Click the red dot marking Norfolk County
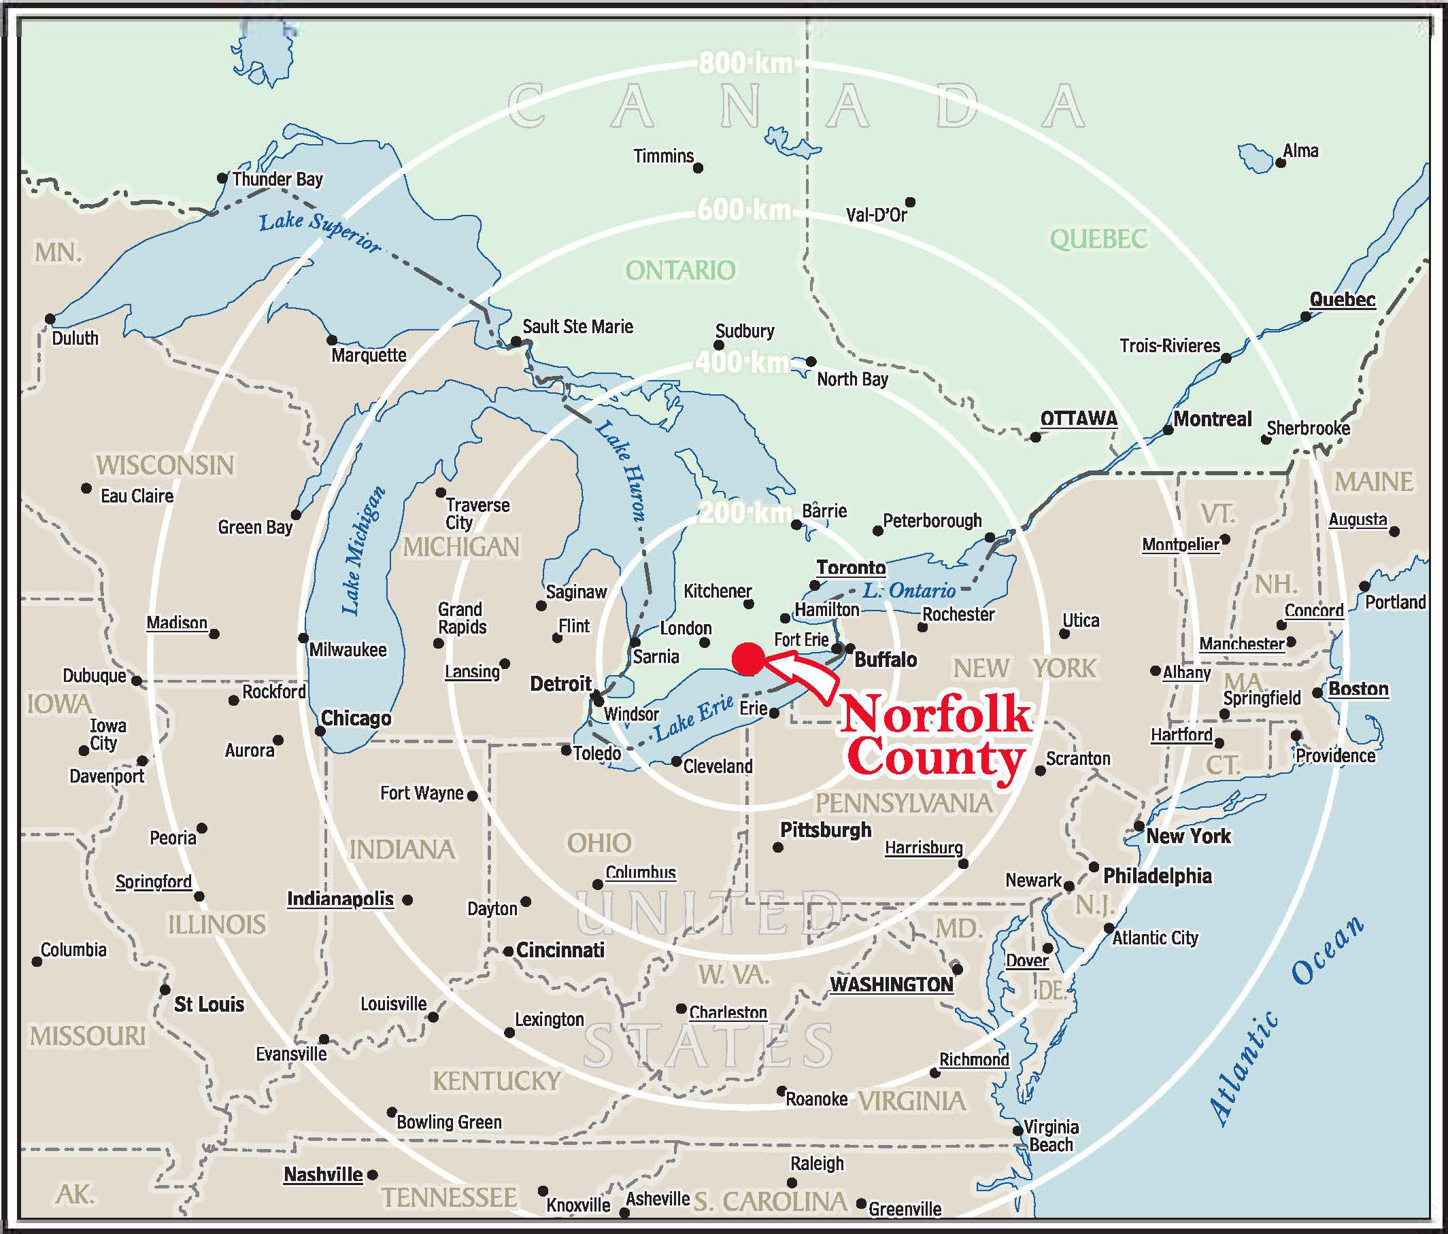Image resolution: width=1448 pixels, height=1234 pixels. [x=747, y=659]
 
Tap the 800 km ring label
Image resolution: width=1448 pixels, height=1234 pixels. [x=745, y=64]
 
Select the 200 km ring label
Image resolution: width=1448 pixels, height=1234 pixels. [x=745, y=513]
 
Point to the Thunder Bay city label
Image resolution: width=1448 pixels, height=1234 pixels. [x=277, y=179]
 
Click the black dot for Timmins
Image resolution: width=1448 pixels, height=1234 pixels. [x=697, y=168]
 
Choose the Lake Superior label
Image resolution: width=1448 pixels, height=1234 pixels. [x=320, y=231]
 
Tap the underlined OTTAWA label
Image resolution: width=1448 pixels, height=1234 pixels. [x=1078, y=419]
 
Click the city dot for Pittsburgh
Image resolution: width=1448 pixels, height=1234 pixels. [x=778, y=848]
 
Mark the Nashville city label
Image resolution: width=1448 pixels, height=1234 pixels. [x=323, y=1175]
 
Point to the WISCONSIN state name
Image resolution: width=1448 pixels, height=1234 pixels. [x=164, y=465]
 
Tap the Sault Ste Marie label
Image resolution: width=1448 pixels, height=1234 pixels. [x=577, y=327]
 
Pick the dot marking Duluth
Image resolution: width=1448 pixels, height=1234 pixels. [x=50, y=320]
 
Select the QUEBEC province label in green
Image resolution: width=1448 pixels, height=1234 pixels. [x=1098, y=239]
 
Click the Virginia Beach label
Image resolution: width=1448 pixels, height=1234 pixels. [x=1050, y=1135]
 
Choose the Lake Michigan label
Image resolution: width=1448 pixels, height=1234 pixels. [x=362, y=551]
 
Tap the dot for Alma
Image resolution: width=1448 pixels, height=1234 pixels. [x=1280, y=162]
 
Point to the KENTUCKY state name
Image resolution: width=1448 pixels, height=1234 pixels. [x=496, y=1081]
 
